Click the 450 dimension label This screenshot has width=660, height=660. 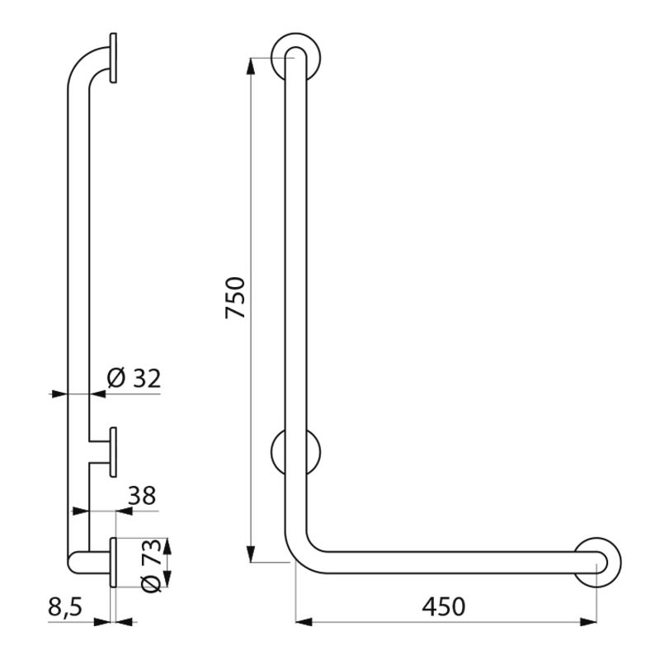pos(443,606)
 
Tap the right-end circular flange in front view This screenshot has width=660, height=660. pos(597,562)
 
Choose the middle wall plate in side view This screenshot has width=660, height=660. pos(113,452)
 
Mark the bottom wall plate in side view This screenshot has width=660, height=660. pos(113,563)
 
